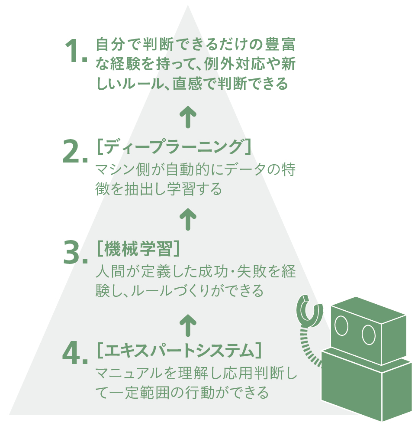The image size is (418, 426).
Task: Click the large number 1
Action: tap(73, 51)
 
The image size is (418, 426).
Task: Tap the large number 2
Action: tap(71, 152)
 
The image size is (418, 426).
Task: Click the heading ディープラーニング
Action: tap(174, 147)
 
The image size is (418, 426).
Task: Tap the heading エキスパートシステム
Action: tap(179, 351)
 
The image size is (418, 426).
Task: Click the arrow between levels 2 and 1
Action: tap(188, 117)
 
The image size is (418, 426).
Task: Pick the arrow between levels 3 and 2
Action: tap(188, 219)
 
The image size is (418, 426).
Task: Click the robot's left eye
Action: tap(341, 325)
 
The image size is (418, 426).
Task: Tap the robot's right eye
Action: tap(369, 335)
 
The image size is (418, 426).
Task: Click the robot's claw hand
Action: tap(309, 311)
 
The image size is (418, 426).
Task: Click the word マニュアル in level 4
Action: tap(129, 373)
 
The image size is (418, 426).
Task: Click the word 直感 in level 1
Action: tap(187, 84)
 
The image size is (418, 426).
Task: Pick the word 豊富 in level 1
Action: tap(280, 45)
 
